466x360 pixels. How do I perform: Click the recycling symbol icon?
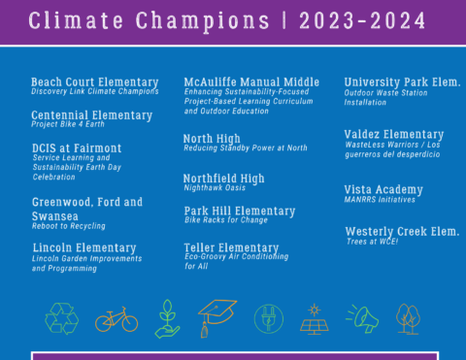(61, 317)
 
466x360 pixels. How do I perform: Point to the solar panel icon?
(314, 318)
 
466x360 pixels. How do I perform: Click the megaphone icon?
(362, 318)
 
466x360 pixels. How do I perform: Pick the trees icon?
(409, 318)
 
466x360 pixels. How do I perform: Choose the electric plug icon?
(268, 318)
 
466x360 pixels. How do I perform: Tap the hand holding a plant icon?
(167, 318)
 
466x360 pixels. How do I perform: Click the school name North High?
(212, 139)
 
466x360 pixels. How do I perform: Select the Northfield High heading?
(223, 179)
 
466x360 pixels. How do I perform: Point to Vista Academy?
(383, 189)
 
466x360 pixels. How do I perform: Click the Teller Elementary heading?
(231, 248)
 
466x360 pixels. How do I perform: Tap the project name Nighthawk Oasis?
(215, 188)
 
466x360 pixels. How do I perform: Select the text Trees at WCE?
(373, 242)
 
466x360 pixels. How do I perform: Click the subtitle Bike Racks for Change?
(225, 220)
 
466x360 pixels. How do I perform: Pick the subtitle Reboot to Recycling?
(71, 225)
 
